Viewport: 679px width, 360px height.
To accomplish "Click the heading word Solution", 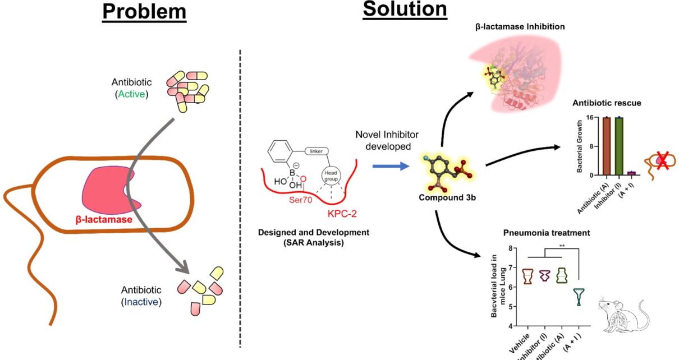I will [x=405, y=10].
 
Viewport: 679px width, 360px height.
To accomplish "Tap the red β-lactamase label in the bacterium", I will [x=104, y=220].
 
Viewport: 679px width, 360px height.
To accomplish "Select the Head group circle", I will [x=331, y=176].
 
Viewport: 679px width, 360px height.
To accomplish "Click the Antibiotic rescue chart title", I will [x=606, y=103].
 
